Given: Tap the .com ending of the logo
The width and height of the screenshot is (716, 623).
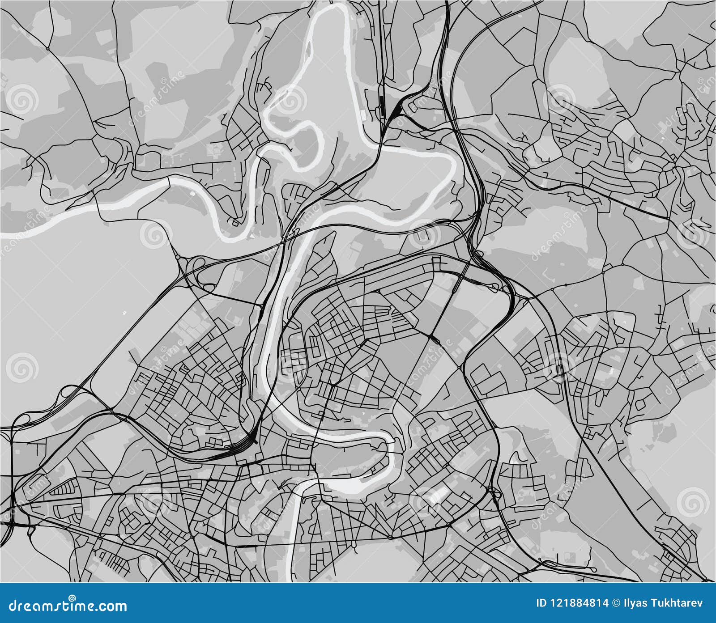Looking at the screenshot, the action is point(112,607).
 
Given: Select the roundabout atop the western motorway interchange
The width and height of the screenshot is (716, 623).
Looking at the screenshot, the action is point(178,258).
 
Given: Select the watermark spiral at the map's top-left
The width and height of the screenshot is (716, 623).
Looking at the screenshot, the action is point(21,99).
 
